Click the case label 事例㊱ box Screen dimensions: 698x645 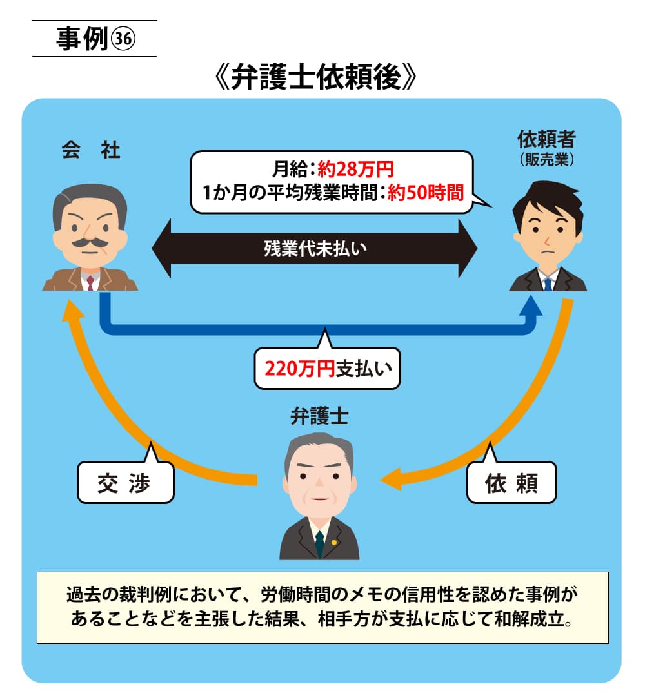(94, 39)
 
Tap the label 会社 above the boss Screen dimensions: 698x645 (91, 150)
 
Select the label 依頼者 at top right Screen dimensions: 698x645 (547, 139)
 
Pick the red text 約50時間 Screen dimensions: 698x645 (426, 192)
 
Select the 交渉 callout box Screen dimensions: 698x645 (125, 483)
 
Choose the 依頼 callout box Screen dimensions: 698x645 (511, 483)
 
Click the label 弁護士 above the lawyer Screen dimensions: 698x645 (319, 417)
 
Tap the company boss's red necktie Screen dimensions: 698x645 (90, 282)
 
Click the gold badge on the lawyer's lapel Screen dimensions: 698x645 (334, 541)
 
